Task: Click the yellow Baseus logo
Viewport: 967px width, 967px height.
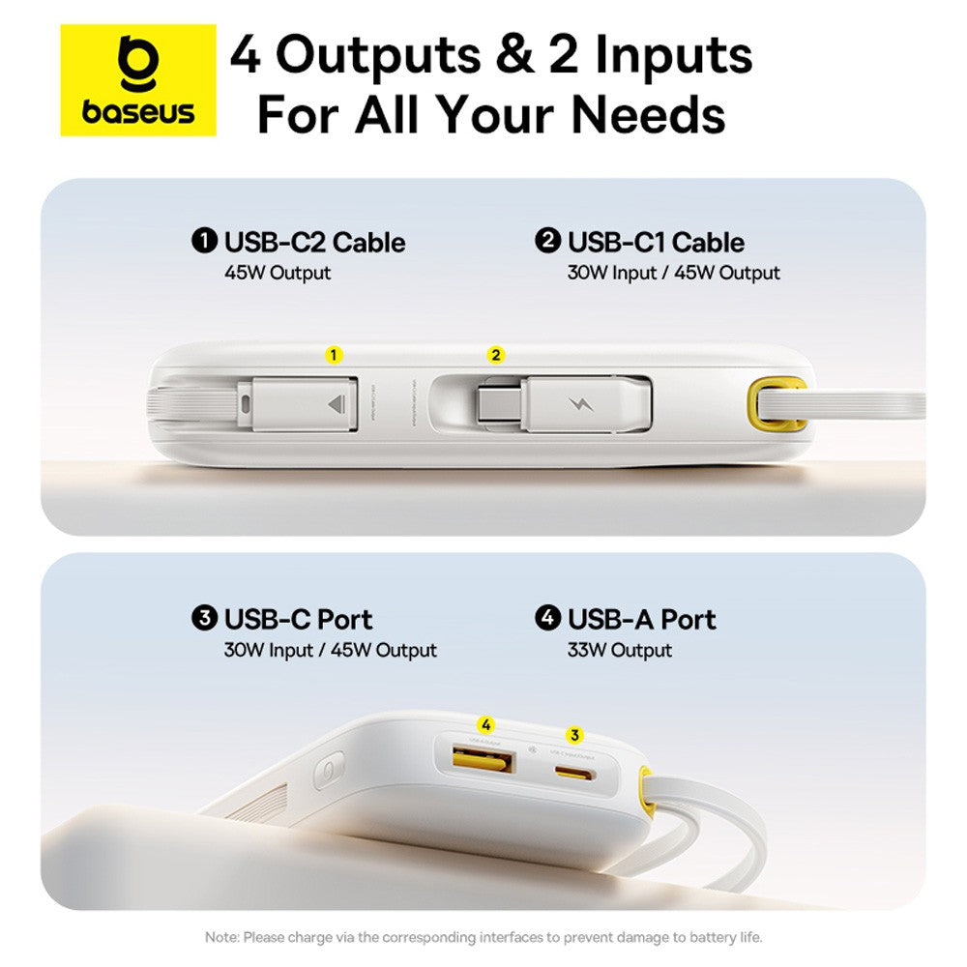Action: click(138, 80)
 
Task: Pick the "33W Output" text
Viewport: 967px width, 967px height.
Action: click(619, 651)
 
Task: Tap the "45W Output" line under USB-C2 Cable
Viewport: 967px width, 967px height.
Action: click(277, 274)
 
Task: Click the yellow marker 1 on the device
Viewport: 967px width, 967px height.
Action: click(334, 355)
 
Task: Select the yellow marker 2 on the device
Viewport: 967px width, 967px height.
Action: click(496, 355)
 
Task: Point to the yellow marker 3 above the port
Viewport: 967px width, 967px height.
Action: click(575, 735)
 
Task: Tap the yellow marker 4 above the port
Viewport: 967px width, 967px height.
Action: click(485, 724)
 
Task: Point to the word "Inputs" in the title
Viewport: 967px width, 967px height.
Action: click(673, 57)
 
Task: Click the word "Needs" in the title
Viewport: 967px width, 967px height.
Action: click(648, 114)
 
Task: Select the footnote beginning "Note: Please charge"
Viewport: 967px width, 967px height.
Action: click(483, 937)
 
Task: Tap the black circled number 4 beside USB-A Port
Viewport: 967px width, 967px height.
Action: click(548, 618)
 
